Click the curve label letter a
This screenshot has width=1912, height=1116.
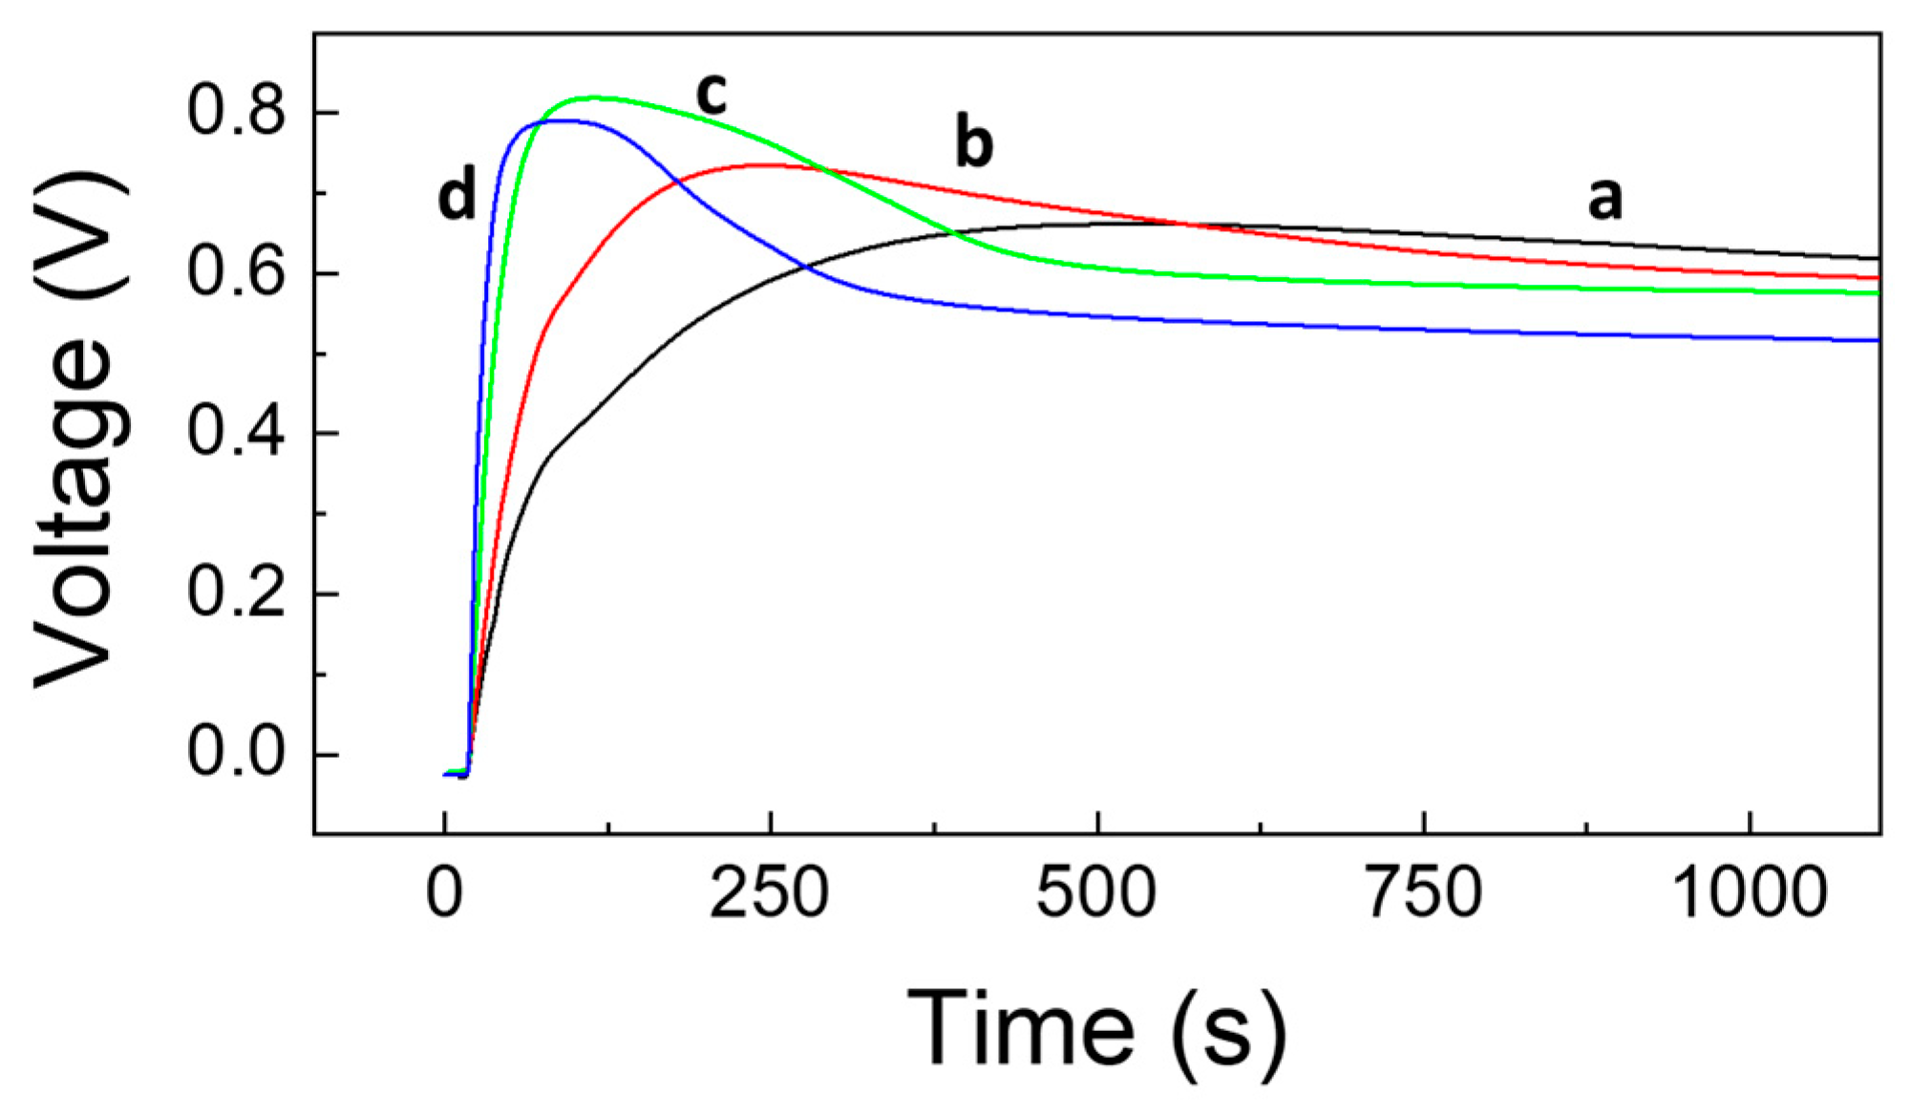(x=1604, y=199)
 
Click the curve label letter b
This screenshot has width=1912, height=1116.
(x=974, y=143)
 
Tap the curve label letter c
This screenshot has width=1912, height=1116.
(x=712, y=94)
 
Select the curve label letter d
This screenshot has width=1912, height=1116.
(x=457, y=197)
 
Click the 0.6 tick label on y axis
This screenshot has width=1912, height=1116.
(x=236, y=272)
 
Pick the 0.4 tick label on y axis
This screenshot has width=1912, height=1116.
(x=236, y=433)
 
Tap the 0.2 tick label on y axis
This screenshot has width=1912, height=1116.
(x=236, y=593)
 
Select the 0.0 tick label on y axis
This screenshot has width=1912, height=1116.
(x=236, y=754)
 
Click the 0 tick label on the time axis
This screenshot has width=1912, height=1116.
(x=444, y=893)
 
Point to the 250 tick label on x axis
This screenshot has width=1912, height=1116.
(x=769, y=893)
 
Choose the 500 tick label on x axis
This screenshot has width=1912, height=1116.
(x=1096, y=893)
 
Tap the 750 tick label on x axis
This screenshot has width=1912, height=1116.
(x=1423, y=893)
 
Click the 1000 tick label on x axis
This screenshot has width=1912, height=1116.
(x=1750, y=893)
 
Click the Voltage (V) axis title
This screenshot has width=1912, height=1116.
(x=81, y=430)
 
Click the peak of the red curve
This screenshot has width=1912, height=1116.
(x=769, y=165)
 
